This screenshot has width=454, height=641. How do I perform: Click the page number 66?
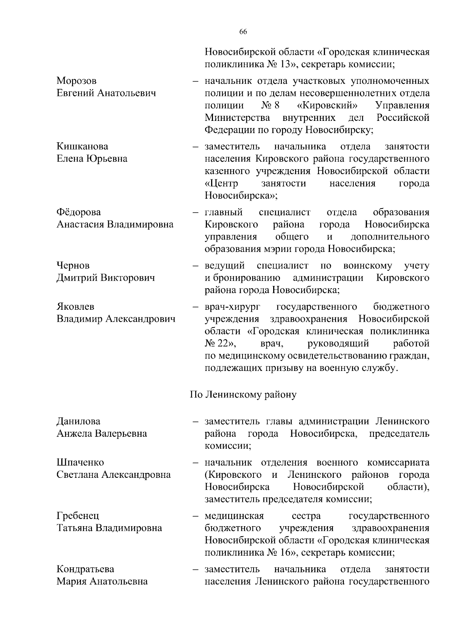click(x=243, y=32)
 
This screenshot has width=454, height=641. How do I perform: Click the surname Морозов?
click(x=76, y=81)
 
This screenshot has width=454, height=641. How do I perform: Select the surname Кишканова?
click(x=82, y=146)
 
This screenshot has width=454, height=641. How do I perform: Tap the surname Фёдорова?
click(x=79, y=212)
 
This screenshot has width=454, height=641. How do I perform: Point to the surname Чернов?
click(x=73, y=266)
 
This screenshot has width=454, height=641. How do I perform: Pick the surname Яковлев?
click(x=75, y=306)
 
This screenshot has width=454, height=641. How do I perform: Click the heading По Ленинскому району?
click(x=243, y=395)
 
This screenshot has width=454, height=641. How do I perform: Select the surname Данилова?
click(x=78, y=421)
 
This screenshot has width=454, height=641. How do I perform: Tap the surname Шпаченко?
click(x=80, y=462)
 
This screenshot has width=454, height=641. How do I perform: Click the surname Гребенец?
click(x=78, y=516)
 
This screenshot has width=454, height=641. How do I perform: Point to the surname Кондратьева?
click(x=85, y=569)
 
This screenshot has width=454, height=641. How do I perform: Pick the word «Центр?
click(x=221, y=184)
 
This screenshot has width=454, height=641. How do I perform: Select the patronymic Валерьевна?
click(x=121, y=434)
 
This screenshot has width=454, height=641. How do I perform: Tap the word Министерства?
click(x=237, y=118)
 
